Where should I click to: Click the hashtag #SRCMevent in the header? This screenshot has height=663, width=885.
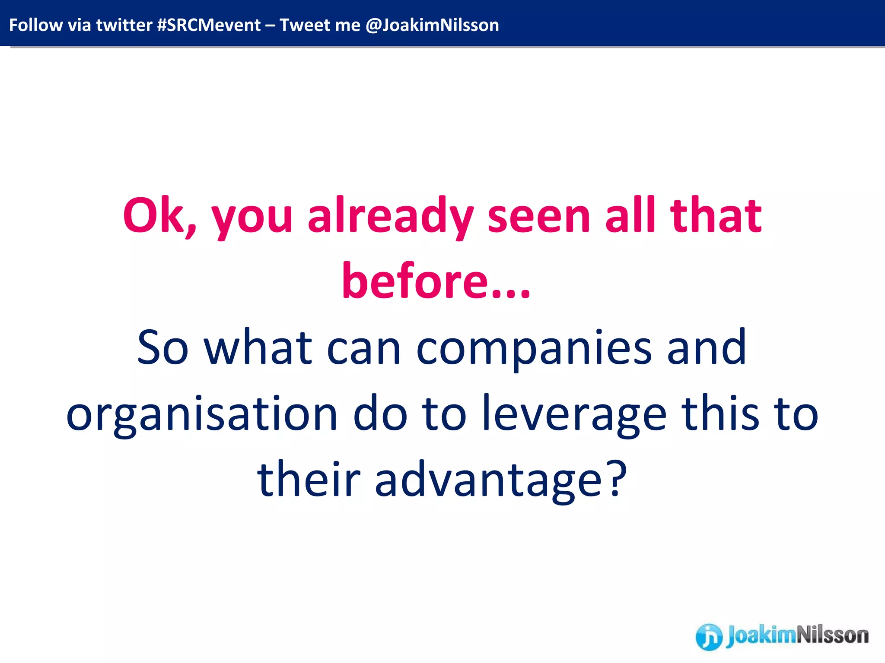point(209,25)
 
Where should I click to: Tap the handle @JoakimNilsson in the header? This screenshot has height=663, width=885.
point(432,25)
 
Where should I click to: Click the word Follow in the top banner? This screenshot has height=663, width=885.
point(35,25)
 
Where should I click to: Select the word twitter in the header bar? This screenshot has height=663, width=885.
point(124,25)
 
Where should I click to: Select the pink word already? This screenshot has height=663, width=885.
point(390,216)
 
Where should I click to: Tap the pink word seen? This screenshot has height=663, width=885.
point(538,216)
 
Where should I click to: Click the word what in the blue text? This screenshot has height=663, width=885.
point(258,347)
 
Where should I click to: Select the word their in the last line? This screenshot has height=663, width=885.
point(309,479)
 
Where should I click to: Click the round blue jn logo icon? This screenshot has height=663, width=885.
point(709,636)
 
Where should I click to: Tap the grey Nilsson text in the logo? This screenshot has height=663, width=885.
point(832,635)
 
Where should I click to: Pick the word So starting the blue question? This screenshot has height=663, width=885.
point(162,347)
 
